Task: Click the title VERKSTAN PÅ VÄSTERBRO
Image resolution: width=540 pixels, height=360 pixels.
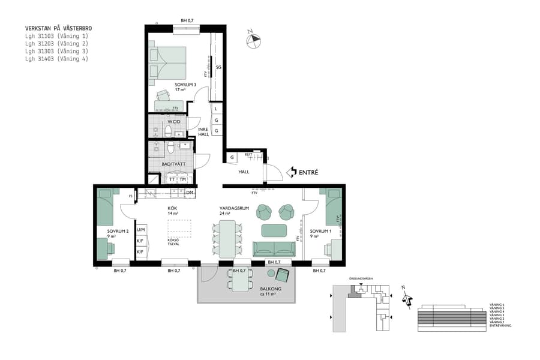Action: pyautogui.click(x=58, y=28)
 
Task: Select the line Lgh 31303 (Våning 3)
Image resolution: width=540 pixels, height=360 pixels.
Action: pyautogui.click(x=56, y=51)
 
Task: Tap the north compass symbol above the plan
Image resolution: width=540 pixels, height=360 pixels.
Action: pyautogui.click(x=254, y=40)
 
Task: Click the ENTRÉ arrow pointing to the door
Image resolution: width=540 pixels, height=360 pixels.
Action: pyautogui.click(x=291, y=172)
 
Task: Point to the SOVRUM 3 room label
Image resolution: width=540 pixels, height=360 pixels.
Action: pyautogui.click(x=185, y=85)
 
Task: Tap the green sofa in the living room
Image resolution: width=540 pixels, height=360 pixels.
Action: pyautogui.click(x=274, y=248)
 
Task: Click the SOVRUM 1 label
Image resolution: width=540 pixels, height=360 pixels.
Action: pyautogui.click(x=320, y=232)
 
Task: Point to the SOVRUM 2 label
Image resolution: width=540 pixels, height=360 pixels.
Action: pyautogui.click(x=118, y=232)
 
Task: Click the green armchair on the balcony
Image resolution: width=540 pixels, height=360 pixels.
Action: pyautogui.click(x=281, y=275)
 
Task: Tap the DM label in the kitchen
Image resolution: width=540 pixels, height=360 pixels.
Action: pyautogui.click(x=189, y=193)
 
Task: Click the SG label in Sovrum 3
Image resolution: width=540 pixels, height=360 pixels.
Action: pyautogui.click(x=219, y=68)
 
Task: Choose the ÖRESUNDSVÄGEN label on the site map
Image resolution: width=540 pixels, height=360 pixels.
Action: pyautogui.click(x=362, y=279)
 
